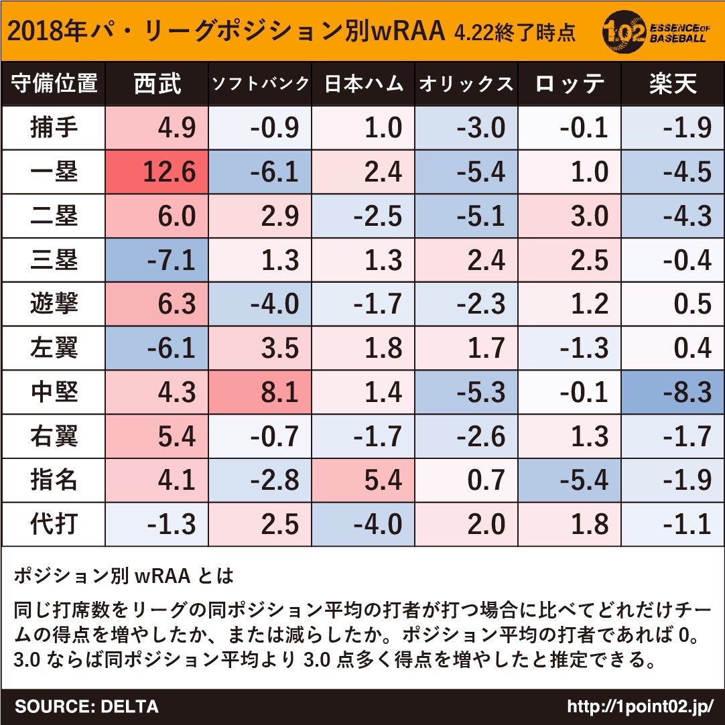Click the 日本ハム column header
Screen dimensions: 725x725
click(365, 84)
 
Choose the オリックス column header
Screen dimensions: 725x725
click(466, 84)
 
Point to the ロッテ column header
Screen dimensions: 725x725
click(570, 84)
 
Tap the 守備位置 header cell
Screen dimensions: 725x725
click(54, 84)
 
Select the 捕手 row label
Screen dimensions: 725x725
click(54, 128)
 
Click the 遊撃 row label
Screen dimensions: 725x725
click(54, 304)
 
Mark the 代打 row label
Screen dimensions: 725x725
click(54, 524)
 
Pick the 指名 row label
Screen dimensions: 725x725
click(54, 480)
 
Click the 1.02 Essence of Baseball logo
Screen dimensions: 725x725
click(654, 30)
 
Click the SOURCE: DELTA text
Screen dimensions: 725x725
click(86, 706)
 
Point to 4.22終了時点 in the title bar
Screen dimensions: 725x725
click(514, 32)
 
